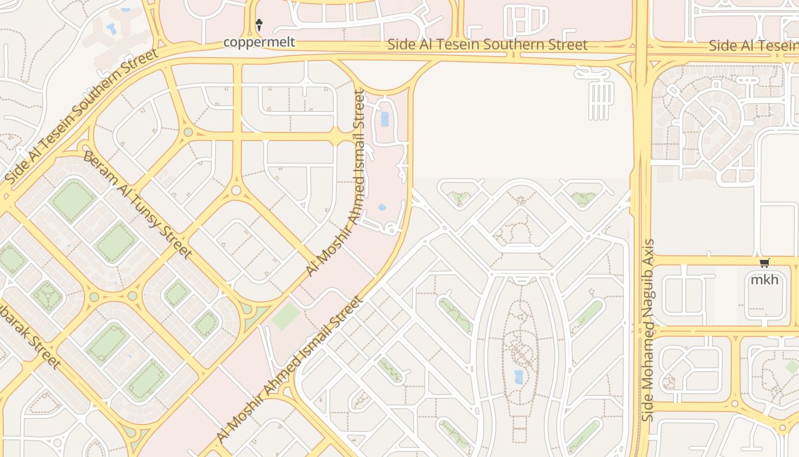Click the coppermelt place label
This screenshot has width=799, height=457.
(259, 42)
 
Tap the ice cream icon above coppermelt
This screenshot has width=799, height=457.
(259, 24)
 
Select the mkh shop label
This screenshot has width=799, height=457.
(764, 280)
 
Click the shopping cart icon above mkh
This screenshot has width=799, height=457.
(764, 263)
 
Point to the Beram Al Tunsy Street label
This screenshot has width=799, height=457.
(137, 204)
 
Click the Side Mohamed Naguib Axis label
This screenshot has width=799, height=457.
(648, 330)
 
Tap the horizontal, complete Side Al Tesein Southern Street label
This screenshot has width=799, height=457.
(487, 45)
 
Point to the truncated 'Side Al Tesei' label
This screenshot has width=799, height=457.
(753, 46)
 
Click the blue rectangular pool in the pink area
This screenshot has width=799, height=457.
(385, 119)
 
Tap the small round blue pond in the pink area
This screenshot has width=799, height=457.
(382, 207)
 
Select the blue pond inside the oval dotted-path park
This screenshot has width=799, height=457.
(518, 376)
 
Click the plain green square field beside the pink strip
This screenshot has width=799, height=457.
(286, 316)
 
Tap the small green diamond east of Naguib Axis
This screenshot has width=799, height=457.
(792, 367)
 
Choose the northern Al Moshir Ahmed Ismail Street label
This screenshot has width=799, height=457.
(335, 183)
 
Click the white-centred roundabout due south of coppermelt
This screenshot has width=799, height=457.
(236, 191)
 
